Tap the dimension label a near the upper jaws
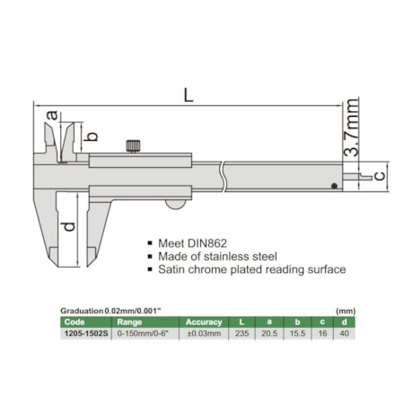(x=53, y=115)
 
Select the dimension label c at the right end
(x=380, y=175)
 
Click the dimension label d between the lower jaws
(x=69, y=226)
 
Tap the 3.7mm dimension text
(x=351, y=127)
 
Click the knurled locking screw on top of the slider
(x=133, y=146)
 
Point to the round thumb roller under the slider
(x=176, y=204)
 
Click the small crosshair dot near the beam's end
(x=335, y=186)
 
